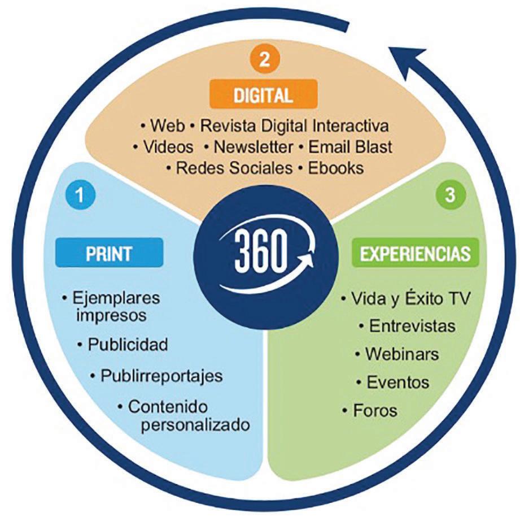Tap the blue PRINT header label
tap(109, 253)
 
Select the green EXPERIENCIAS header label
tap(415, 253)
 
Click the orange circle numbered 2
tap(264, 60)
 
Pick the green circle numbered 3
tap(449, 195)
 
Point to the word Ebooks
tap(336, 168)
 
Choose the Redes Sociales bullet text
tap(234, 168)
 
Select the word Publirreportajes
tap(161, 375)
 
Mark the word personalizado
tap(195, 424)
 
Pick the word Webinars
tap(402, 354)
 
